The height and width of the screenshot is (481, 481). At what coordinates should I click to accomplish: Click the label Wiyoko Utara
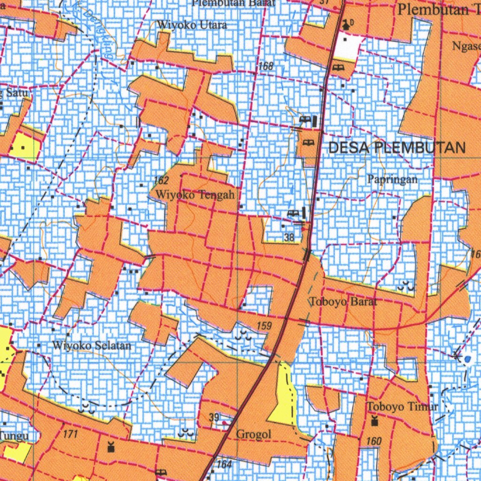tap(192, 25)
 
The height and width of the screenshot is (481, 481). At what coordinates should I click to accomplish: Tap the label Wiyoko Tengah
tap(195, 194)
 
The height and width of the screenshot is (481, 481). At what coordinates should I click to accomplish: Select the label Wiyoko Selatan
tap(92, 346)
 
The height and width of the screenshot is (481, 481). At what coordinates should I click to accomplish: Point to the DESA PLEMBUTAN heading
tap(397, 148)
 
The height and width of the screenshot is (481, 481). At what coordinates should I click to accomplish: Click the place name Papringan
tap(392, 179)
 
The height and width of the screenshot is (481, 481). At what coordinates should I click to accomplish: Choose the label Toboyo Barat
tap(344, 302)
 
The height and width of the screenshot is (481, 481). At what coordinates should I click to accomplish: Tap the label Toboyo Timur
tap(403, 407)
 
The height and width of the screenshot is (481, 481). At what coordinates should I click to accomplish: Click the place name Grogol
tap(253, 434)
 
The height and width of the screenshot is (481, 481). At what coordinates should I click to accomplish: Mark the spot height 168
tap(265, 67)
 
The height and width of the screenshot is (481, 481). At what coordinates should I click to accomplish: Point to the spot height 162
tap(161, 180)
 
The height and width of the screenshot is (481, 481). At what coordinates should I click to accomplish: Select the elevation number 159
tap(264, 326)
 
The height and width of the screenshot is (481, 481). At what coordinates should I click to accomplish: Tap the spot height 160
tap(374, 441)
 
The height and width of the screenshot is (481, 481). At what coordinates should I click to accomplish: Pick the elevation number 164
tap(225, 465)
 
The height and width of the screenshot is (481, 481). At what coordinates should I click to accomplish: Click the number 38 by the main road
tap(289, 238)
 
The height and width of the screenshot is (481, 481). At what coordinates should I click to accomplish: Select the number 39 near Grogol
tap(214, 418)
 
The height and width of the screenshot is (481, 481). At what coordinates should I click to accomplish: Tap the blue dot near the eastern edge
tap(467, 360)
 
